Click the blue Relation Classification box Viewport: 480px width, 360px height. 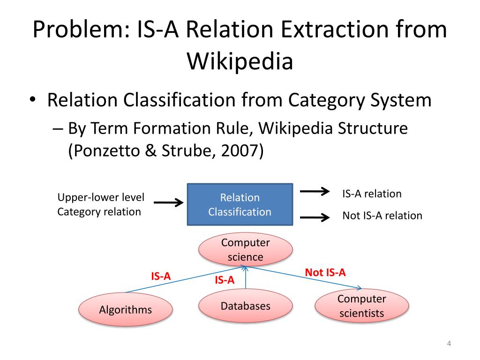240,204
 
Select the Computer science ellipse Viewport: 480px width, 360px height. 246,250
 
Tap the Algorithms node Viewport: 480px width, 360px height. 125,309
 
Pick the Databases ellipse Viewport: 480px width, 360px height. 246,306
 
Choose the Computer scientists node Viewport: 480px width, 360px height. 361,306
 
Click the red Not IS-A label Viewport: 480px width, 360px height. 325,272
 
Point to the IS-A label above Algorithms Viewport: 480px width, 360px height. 160,276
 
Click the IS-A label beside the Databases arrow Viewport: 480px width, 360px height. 224,280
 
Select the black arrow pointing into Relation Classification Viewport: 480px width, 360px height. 168,202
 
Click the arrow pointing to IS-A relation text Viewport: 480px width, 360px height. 314,191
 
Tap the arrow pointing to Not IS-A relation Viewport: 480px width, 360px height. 314,217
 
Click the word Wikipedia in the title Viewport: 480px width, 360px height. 240,60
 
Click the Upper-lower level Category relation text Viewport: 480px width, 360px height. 101,204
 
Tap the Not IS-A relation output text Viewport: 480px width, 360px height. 382,216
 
